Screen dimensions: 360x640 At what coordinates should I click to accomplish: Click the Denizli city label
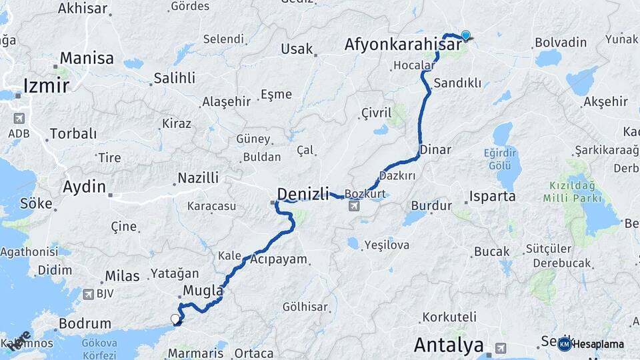(x=303, y=194)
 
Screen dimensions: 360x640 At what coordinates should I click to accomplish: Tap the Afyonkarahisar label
(x=403, y=45)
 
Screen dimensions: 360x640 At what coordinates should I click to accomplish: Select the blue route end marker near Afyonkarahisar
(x=465, y=35)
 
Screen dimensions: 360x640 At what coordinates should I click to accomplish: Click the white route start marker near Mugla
(x=176, y=319)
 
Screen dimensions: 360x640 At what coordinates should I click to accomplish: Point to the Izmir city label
(x=46, y=85)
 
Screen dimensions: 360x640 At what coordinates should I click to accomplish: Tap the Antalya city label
(x=449, y=345)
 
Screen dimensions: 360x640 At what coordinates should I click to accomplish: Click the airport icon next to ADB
(x=19, y=118)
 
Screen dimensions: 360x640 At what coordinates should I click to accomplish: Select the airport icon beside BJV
(x=89, y=294)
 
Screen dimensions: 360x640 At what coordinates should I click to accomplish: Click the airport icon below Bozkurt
(x=354, y=205)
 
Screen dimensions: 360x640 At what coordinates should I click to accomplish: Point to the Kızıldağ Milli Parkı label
(x=574, y=191)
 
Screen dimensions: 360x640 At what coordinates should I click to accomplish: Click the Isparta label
(x=493, y=197)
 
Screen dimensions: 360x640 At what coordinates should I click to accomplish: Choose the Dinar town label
(x=435, y=150)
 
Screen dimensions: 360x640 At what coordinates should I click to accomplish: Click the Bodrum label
(x=85, y=324)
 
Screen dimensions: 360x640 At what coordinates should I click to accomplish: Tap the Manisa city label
(x=87, y=58)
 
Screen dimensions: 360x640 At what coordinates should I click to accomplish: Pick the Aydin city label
(x=84, y=187)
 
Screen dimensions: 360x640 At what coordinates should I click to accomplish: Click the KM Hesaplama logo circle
(x=564, y=344)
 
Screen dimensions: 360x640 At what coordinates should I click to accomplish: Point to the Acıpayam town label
(x=279, y=259)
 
